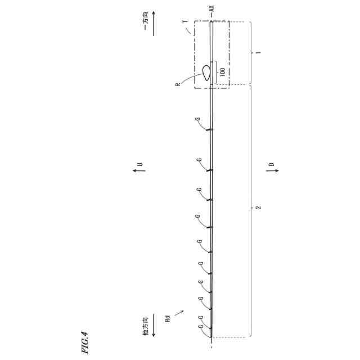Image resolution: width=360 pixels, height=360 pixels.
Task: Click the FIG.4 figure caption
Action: point(84,342)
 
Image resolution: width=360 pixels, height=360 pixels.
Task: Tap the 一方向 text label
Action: point(146,21)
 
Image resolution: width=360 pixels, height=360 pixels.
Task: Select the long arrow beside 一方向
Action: point(154,23)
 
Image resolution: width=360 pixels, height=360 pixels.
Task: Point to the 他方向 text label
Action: point(146,326)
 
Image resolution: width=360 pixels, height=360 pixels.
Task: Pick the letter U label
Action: point(140,164)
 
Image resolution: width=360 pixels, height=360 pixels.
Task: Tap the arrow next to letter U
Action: point(139,170)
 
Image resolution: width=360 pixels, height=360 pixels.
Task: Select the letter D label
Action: point(272,164)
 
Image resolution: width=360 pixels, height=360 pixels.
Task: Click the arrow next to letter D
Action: point(272,170)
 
